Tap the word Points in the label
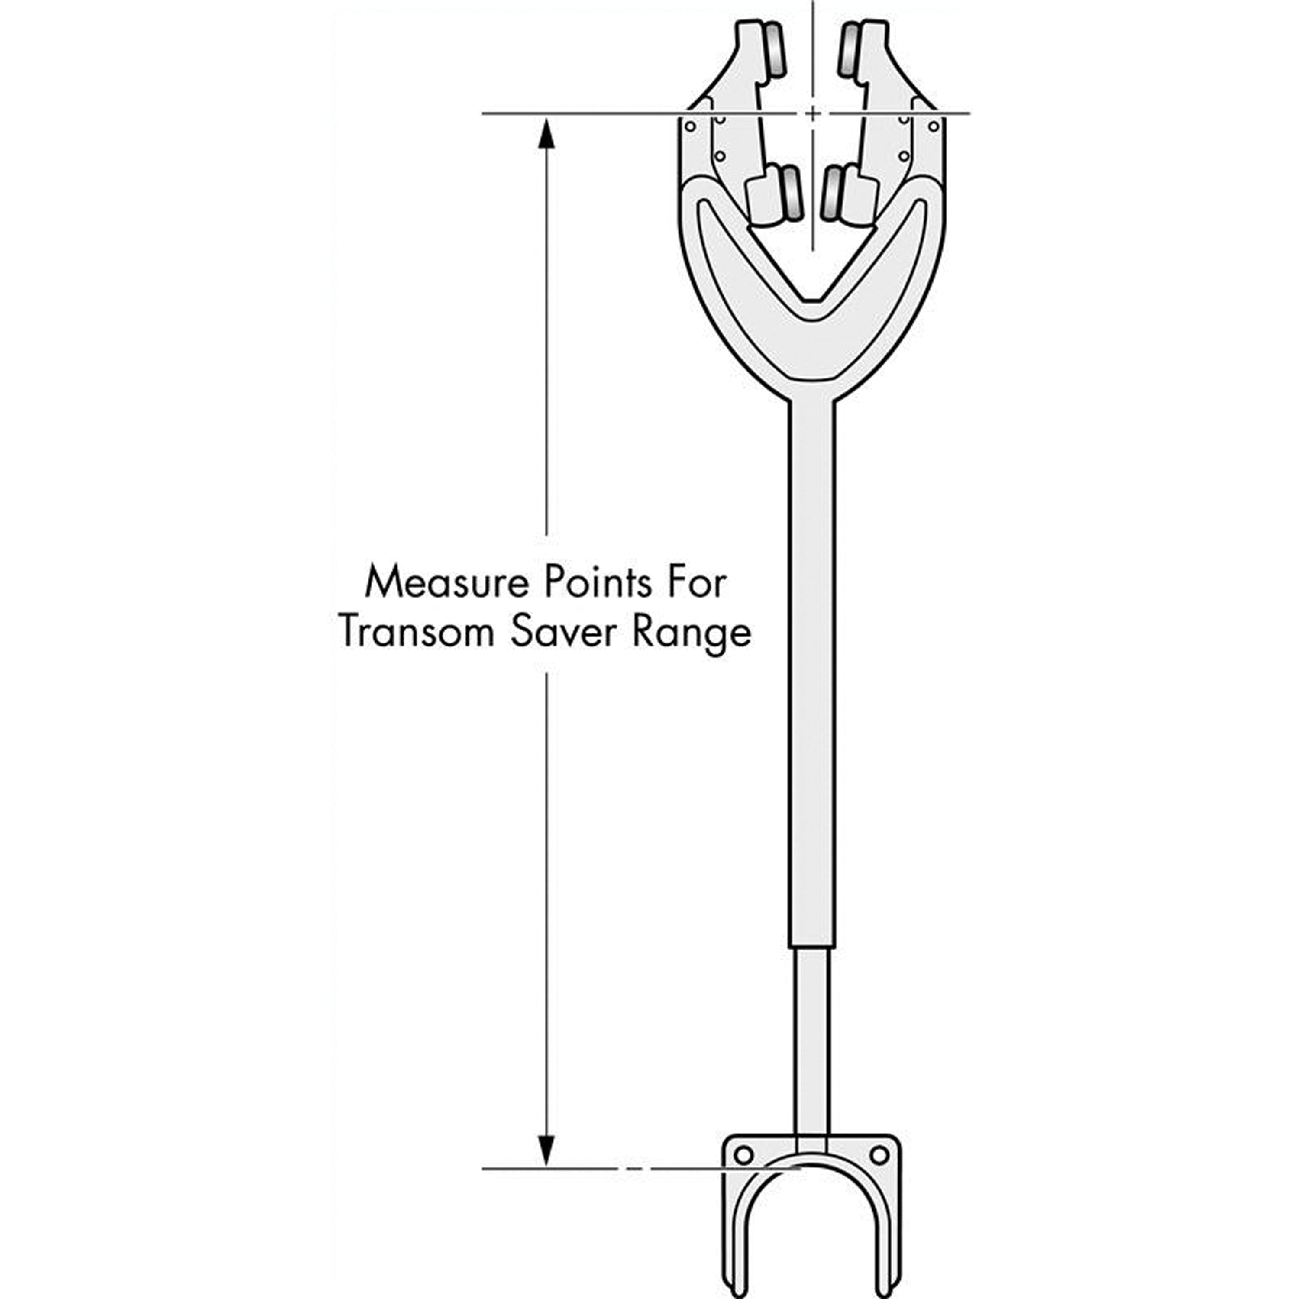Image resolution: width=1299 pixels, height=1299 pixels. coord(597,582)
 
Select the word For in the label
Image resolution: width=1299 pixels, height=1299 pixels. coord(697,582)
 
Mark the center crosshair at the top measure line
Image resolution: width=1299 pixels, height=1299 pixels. coord(813,113)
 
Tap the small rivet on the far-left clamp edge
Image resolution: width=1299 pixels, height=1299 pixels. coord(690,126)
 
